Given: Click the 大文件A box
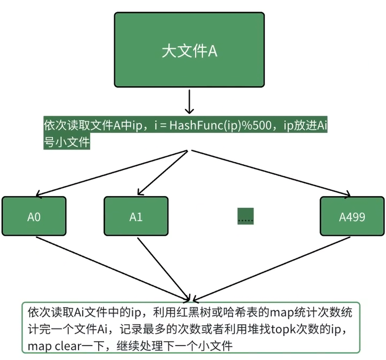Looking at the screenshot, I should point(189,50).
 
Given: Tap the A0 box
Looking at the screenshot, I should point(34,216).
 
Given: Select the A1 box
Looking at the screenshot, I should point(136,216).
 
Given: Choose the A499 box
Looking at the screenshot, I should point(352,216).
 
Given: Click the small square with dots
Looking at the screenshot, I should point(245,216).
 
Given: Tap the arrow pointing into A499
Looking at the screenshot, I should point(271,173).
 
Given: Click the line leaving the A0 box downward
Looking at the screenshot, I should point(112,267).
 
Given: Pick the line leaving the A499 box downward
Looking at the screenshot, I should point(271,267).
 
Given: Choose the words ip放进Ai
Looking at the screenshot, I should point(305,126).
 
